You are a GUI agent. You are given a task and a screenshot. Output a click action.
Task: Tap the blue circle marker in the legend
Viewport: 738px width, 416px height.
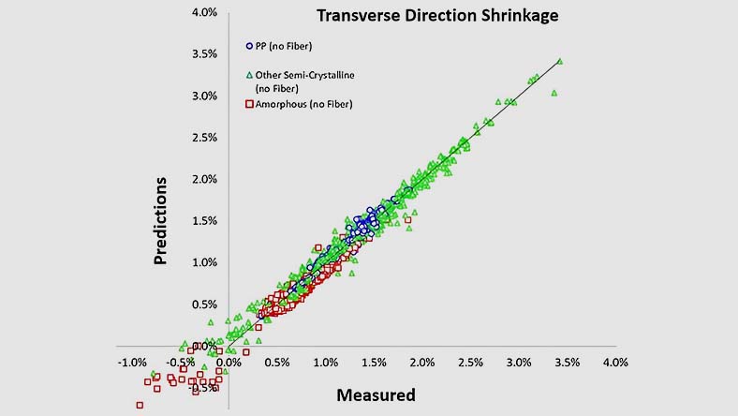point(249,45)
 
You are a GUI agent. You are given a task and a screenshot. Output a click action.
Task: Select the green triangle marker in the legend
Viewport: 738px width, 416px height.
point(249,74)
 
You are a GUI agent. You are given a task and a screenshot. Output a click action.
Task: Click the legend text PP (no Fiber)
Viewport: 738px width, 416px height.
point(285,45)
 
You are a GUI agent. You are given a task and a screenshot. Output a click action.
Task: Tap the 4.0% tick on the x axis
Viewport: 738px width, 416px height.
point(614,362)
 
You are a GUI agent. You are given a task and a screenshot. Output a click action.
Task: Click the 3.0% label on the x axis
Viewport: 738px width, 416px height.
point(518,362)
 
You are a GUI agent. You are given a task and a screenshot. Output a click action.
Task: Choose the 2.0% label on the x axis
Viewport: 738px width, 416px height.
point(421,362)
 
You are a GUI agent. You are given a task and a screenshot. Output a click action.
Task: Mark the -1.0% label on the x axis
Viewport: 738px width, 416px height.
point(132,362)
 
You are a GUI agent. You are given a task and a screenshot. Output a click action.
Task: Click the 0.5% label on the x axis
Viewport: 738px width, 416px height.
point(277,362)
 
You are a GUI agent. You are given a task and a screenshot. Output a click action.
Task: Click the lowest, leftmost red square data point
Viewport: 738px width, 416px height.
point(140,405)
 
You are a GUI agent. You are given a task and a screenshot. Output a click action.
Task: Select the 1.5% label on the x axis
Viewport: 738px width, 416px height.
point(374,362)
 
